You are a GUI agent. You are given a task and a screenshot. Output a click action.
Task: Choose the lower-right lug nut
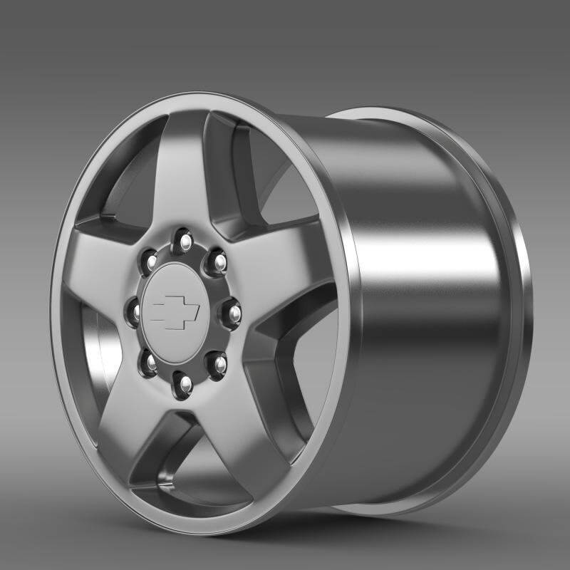tap(217, 363)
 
